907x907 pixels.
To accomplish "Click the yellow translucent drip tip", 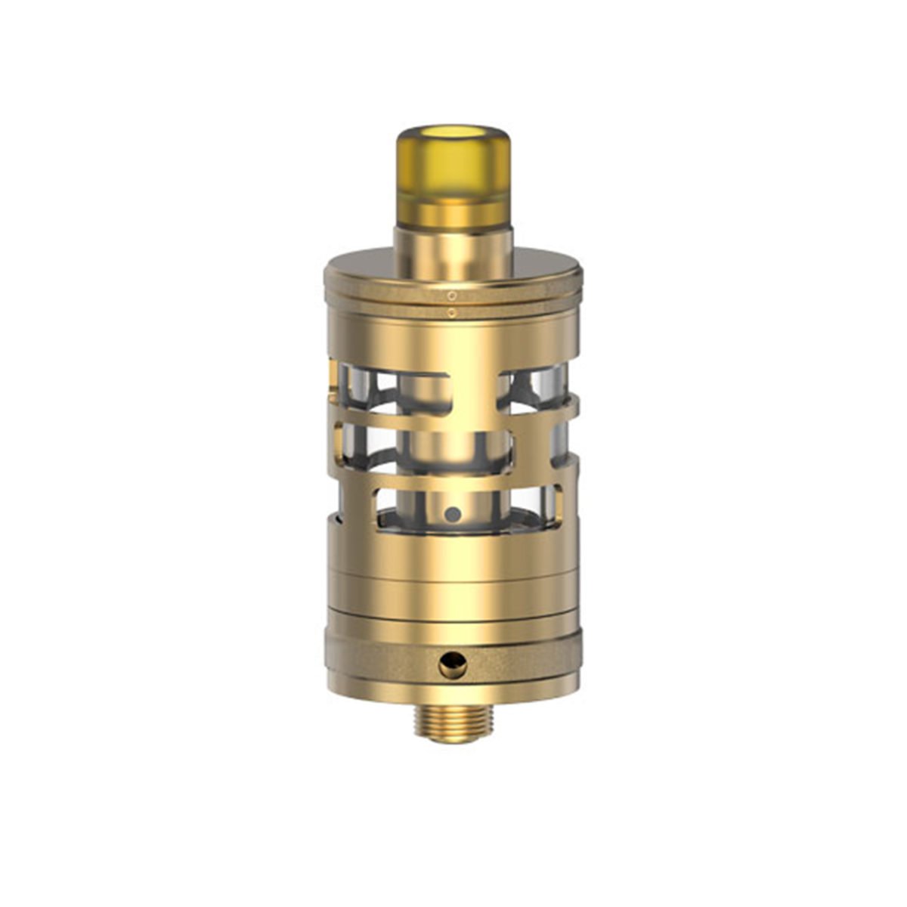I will [x=453, y=181].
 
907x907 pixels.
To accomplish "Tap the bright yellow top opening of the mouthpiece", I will [x=453, y=141].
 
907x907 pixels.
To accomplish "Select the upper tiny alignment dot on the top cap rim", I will [x=451, y=294].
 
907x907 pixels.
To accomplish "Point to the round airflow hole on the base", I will [x=453, y=666].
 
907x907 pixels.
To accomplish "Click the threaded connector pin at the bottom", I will [x=453, y=718].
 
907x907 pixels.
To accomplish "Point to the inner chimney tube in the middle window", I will [x=453, y=446].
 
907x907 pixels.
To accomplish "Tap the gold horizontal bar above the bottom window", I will [x=453, y=478].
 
